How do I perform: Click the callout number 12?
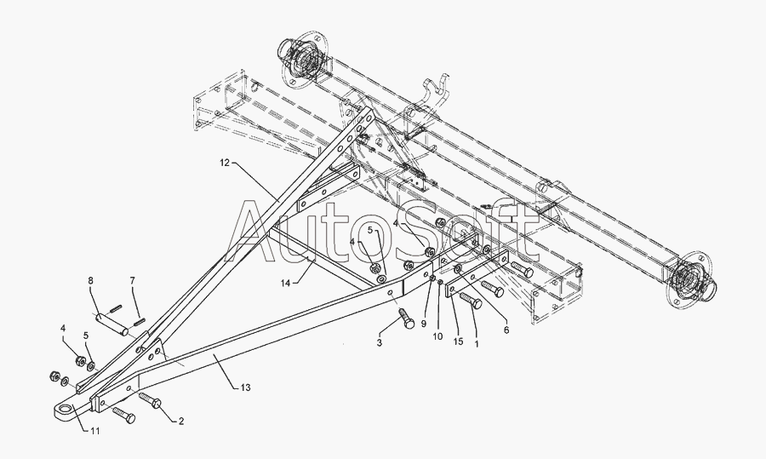click(x=225, y=161)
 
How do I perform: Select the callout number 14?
click(x=285, y=282)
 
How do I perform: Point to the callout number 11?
click(x=94, y=432)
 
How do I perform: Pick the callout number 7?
click(x=132, y=280)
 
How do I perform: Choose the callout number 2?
click(x=181, y=421)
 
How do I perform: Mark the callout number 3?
click(x=380, y=342)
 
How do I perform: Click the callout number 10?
click(x=437, y=336)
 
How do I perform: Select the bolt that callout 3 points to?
click(x=406, y=320)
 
